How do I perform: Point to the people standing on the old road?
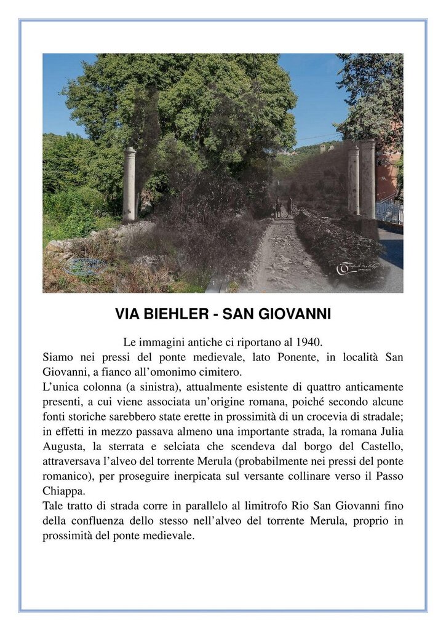click(283, 207)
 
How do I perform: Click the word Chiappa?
click(63, 490)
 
